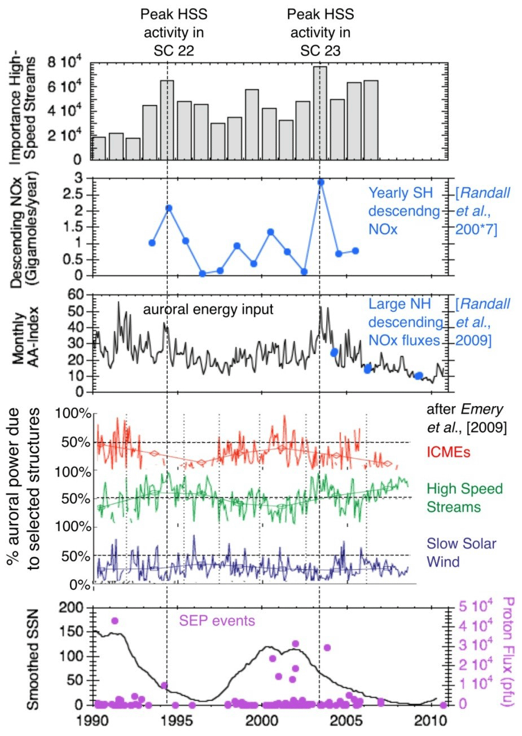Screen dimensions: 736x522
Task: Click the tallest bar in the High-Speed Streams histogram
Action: tap(320, 113)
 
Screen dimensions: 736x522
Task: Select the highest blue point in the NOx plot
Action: tap(321, 182)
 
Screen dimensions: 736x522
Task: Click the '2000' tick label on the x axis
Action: tap(261, 722)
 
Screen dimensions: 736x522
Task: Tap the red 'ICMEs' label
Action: tap(449, 452)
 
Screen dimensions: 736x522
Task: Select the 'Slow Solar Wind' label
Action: tap(461, 553)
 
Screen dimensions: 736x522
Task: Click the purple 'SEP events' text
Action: tap(217, 621)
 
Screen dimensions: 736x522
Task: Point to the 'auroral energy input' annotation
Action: tap(208, 309)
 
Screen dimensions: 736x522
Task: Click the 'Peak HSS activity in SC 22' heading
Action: tap(174, 32)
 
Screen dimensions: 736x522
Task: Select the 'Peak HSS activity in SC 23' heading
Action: tap(320, 32)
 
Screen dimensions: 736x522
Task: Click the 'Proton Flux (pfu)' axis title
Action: tap(507, 651)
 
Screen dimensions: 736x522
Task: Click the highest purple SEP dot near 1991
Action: tap(115, 620)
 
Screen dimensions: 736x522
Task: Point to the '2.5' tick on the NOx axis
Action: tap(74, 195)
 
